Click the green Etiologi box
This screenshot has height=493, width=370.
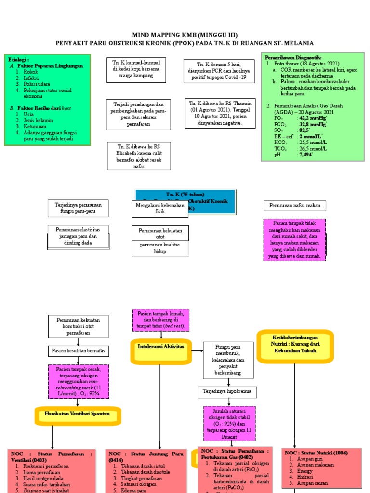46,99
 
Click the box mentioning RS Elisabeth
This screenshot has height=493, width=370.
139,156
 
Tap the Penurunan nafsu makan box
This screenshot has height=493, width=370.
295,206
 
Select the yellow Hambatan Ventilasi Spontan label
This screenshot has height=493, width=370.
77,414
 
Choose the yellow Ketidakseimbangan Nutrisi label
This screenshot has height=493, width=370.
294,345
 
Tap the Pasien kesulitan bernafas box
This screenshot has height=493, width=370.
78,350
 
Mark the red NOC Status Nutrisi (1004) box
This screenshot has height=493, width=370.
316,467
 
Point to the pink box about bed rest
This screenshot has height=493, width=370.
161,320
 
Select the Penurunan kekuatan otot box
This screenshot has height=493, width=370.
160,234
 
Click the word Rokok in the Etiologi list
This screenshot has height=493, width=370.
30,71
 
